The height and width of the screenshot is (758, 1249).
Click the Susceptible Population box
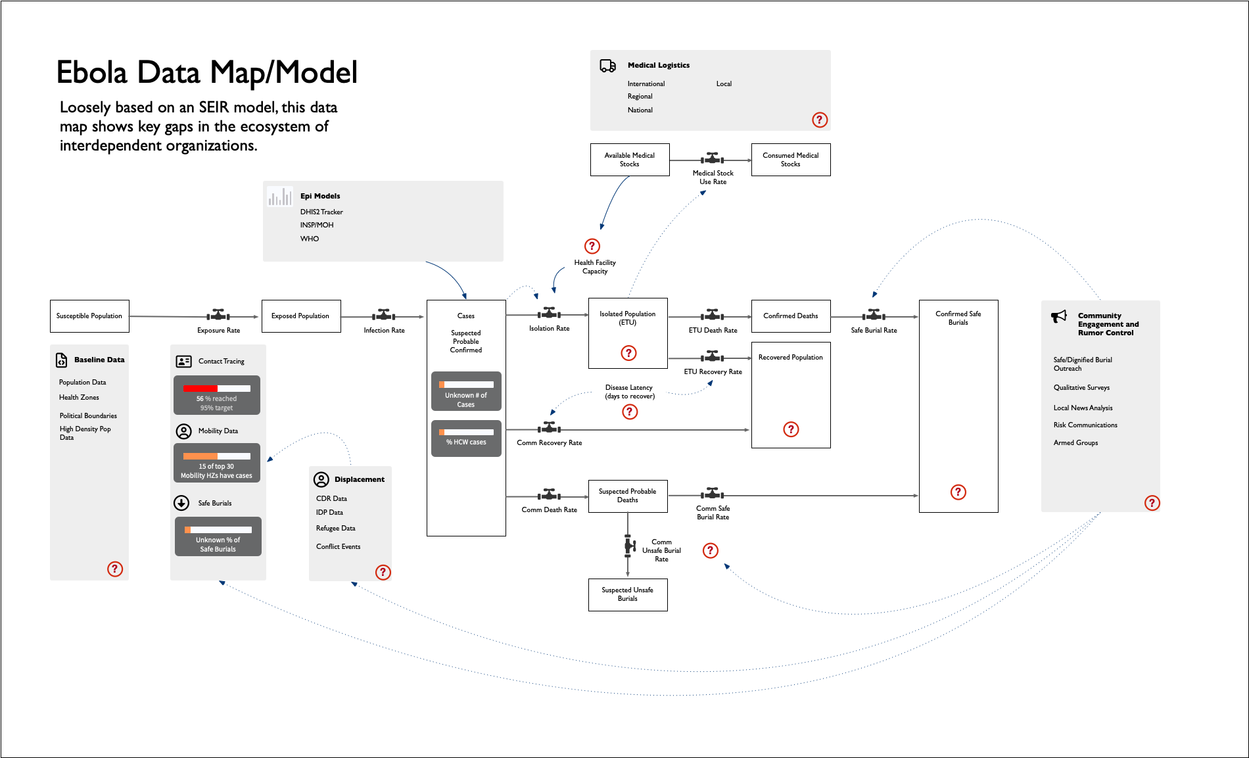click(x=89, y=316)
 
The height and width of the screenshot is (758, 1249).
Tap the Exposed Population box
click(x=301, y=316)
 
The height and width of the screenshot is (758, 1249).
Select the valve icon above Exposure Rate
click(x=219, y=315)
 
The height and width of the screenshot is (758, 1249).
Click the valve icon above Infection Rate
click(x=384, y=315)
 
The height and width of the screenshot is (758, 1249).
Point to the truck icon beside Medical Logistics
click(x=608, y=66)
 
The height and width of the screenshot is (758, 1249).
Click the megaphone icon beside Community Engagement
click(x=1059, y=316)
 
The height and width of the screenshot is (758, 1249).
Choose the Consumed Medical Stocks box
click(x=791, y=160)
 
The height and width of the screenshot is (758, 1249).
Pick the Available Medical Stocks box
click(x=630, y=160)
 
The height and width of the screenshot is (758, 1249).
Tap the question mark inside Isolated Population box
click(x=628, y=353)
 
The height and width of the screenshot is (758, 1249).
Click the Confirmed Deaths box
click(x=791, y=316)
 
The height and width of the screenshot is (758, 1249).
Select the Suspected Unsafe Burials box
click(x=628, y=595)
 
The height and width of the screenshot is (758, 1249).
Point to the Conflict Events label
click(x=338, y=546)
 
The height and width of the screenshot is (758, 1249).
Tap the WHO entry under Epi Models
click(x=310, y=239)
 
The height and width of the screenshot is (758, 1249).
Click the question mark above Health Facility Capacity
click(x=592, y=246)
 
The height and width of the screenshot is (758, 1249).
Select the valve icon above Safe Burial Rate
click(x=874, y=315)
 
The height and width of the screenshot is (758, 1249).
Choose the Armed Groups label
click(x=1075, y=442)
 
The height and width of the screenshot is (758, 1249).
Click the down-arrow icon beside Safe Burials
click(x=181, y=503)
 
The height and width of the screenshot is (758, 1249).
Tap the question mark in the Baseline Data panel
click(x=115, y=569)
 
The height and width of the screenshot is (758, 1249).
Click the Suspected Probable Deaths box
click(x=628, y=496)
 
